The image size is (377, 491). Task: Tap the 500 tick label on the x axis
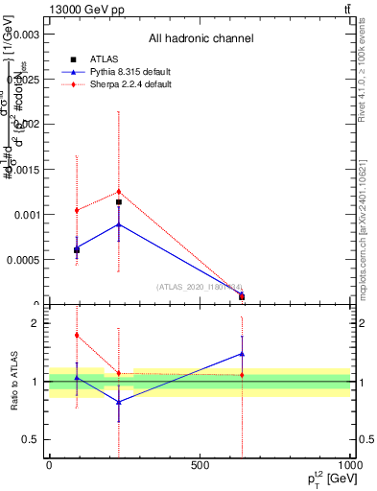200,465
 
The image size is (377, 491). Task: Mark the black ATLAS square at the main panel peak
119,202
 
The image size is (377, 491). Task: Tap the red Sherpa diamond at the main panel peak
119,192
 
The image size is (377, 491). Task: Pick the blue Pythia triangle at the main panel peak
119,224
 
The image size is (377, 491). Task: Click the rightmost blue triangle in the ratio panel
242,354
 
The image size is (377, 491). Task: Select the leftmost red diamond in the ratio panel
77,335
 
